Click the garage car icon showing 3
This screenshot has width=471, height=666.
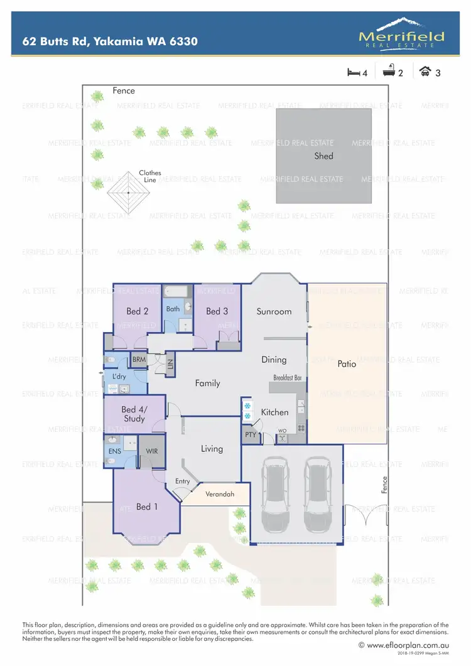(x=425, y=72)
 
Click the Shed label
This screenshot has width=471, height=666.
(x=323, y=156)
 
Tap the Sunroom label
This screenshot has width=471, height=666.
(x=274, y=311)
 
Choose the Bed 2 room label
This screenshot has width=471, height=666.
(x=137, y=311)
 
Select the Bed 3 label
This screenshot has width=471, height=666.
(x=217, y=311)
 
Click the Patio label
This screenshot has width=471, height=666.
(x=347, y=363)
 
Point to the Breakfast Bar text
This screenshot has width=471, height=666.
(x=288, y=378)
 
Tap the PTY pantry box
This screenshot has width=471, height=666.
(x=251, y=434)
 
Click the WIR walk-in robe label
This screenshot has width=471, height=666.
(x=151, y=451)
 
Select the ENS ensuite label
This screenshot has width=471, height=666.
(x=115, y=451)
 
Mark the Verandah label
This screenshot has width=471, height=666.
(x=220, y=494)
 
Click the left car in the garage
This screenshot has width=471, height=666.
(x=275, y=488)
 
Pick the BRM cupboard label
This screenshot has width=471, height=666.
(x=138, y=360)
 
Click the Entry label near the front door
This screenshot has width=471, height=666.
(x=182, y=481)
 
